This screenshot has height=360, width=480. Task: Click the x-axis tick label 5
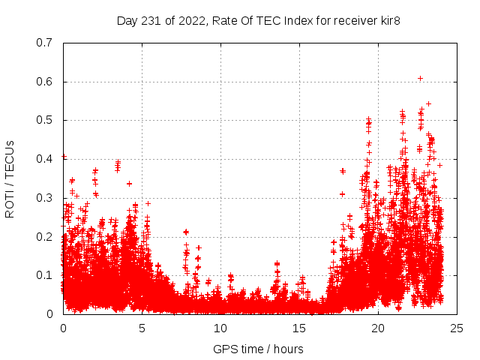pyautogui.click(x=142, y=328)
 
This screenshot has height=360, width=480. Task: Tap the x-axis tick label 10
pyautogui.click(x=220, y=328)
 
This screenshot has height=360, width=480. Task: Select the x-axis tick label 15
pyautogui.click(x=299, y=328)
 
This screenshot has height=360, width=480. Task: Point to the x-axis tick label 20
pyautogui.click(x=378, y=328)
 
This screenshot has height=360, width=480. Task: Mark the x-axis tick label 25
pyautogui.click(x=457, y=328)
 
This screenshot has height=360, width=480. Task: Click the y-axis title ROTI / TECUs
pyautogui.click(x=10, y=178)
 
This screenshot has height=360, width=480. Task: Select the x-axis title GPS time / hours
pyautogui.click(x=259, y=349)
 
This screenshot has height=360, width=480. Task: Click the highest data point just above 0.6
pyautogui.click(x=421, y=78)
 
